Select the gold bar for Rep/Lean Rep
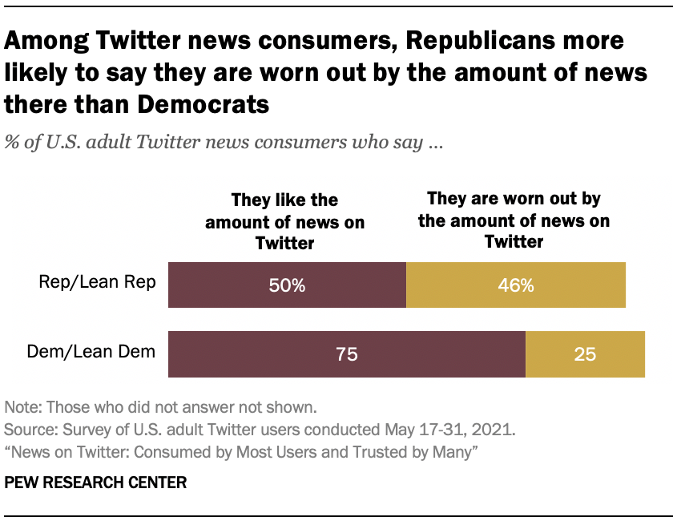point(561,285)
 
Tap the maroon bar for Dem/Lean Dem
point(264,353)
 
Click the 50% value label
point(287,285)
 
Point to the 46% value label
point(516,285)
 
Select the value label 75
point(346,353)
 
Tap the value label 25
point(585,353)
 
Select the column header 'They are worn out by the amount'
point(514,220)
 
